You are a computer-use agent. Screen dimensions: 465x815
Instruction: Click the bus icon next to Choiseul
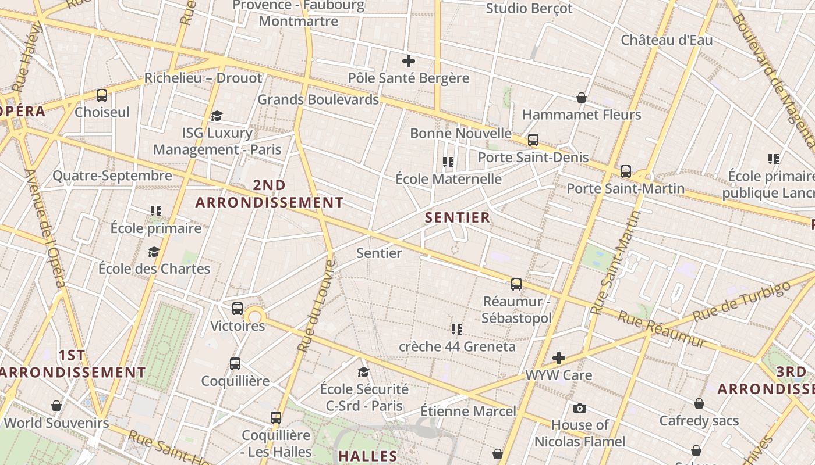tap(102, 95)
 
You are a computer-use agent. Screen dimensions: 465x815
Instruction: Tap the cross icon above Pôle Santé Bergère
tap(409, 60)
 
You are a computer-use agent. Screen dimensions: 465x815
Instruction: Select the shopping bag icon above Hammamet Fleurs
tap(581, 97)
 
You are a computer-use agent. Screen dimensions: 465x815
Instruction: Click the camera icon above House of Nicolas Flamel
tap(579, 408)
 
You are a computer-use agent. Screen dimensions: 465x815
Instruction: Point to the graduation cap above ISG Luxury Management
tap(217, 116)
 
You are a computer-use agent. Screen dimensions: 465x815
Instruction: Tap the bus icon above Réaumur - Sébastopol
tap(516, 284)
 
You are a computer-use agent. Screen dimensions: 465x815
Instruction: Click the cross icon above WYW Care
tap(559, 358)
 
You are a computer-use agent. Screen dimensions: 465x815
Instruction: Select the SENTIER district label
tap(458, 218)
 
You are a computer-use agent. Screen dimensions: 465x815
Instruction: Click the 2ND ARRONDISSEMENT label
tap(269, 194)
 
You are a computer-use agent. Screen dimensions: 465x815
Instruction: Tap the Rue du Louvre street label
tap(316, 306)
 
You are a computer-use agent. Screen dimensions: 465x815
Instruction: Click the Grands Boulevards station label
tap(318, 99)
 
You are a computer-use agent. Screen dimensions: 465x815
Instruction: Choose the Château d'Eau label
tap(667, 40)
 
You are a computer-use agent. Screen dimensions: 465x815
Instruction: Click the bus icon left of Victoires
tap(238, 309)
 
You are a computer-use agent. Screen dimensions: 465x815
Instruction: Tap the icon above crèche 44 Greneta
tap(457, 330)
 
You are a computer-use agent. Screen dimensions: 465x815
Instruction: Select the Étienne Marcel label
tap(468, 412)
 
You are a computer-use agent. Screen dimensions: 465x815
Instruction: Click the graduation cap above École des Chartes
tap(154, 252)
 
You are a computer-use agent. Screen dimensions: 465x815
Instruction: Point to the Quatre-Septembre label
tap(112, 176)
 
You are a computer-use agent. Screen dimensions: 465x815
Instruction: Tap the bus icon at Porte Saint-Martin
tap(626, 171)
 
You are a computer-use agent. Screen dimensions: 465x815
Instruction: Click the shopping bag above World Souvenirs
tap(56, 405)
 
